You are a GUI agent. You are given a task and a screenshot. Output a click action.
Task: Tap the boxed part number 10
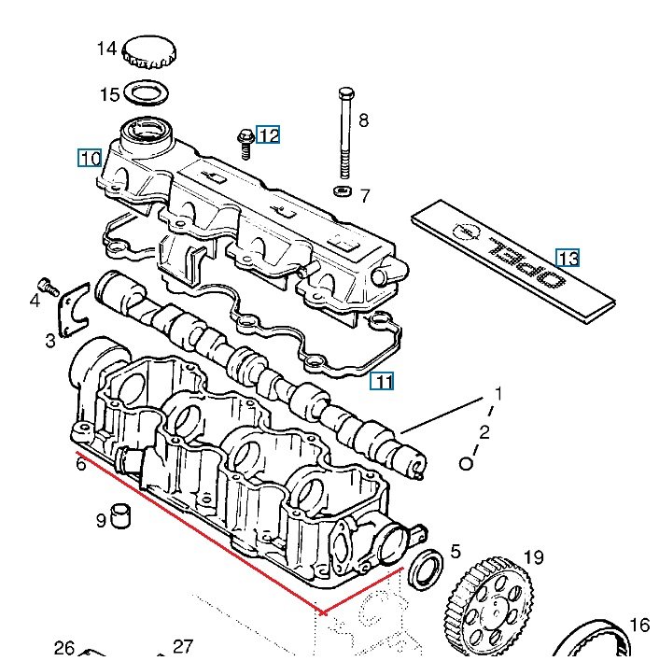coord(90,158)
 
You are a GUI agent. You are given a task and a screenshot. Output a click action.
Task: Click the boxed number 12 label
coord(268,135)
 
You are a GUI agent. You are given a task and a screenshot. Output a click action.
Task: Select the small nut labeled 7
coord(343,192)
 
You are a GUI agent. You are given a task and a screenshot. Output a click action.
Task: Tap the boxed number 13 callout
coord(568,258)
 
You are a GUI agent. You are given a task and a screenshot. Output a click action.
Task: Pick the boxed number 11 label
coord(382,381)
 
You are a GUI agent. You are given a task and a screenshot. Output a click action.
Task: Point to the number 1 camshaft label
coord(498,394)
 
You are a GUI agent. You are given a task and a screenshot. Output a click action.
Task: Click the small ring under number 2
coord(467,463)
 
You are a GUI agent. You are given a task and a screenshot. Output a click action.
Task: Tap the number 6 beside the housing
coord(81,464)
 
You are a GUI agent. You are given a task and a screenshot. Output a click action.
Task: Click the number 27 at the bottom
coord(183,647)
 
